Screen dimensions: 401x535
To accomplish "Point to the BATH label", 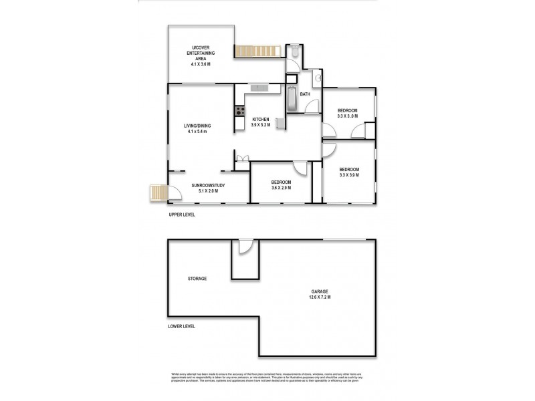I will tap(305, 94).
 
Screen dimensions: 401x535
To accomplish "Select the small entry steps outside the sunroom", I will tap(157, 193).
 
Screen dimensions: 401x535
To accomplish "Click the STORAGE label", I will tap(197, 278).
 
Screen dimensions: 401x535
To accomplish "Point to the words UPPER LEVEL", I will tap(181, 216).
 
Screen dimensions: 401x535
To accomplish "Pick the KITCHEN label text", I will tap(260, 118).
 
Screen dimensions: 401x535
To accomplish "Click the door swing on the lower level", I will tap(245, 248).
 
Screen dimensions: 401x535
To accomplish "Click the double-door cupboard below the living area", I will tap(242, 158).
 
